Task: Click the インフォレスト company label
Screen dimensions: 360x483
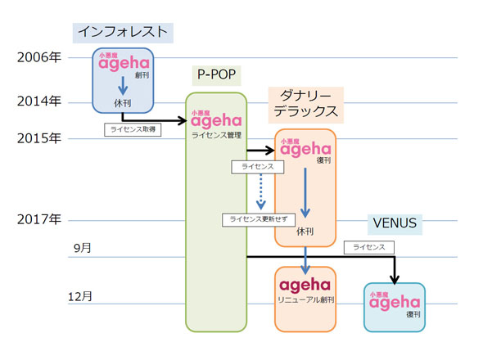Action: pyautogui.click(x=123, y=32)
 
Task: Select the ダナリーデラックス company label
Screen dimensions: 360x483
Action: pyautogui.click(x=304, y=103)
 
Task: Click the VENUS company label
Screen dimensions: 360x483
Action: pyautogui.click(x=395, y=223)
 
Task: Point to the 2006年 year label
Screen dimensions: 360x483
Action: pyautogui.click(x=39, y=57)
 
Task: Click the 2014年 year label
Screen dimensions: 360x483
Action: pyautogui.click(x=39, y=101)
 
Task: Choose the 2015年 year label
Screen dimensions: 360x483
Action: pyautogui.click(x=39, y=138)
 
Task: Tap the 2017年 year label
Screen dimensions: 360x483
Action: pyautogui.click(x=39, y=220)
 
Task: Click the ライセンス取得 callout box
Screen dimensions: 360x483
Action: pyautogui.click(x=133, y=129)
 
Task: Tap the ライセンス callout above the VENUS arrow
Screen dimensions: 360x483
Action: pyautogui.click(x=369, y=246)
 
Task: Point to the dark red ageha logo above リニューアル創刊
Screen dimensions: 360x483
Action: pyautogui.click(x=305, y=286)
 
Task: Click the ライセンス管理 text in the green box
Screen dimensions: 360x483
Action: pyautogui.click(x=216, y=135)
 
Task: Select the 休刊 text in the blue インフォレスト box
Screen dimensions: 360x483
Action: pyautogui.click(x=123, y=103)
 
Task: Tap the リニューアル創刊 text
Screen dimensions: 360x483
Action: pyautogui.click(x=305, y=301)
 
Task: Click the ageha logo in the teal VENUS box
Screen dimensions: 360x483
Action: pyautogui.click(x=394, y=303)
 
